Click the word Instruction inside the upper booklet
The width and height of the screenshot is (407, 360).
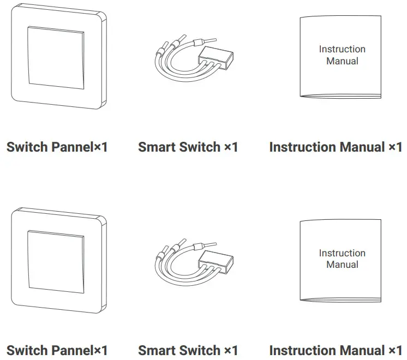tap(342, 49)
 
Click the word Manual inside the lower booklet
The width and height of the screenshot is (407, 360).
tap(342, 265)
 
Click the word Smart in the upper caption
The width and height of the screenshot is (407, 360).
tap(157, 147)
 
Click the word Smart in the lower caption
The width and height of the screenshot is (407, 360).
tap(157, 350)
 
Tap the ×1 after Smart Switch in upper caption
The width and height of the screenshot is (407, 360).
tap(231, 147)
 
